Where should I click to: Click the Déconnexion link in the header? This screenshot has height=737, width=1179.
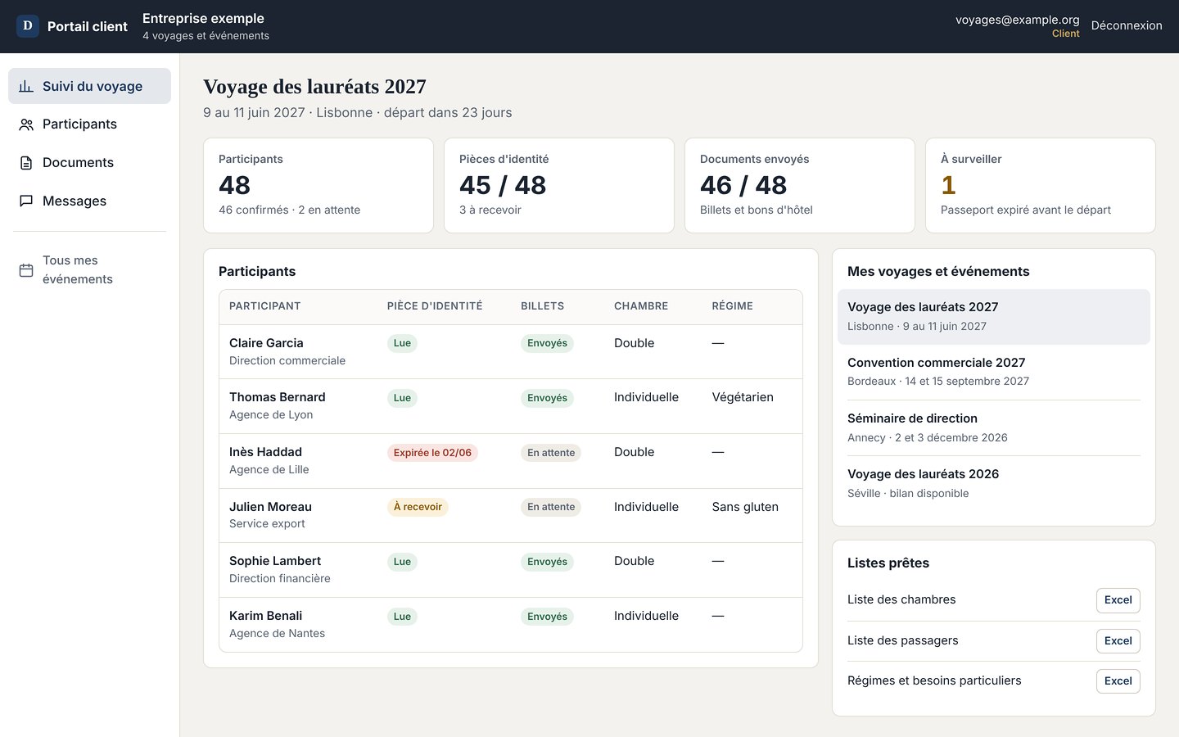[1127, 25]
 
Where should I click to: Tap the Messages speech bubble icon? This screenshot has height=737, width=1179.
[26, 201]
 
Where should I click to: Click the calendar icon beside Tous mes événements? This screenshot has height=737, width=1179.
[26, 270]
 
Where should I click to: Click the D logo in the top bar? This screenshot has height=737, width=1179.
[28, 26]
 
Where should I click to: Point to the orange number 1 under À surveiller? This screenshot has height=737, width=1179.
[948, 185]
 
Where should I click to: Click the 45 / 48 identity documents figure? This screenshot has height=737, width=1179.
[503, 185]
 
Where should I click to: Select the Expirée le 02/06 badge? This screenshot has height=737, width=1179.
[432, 453]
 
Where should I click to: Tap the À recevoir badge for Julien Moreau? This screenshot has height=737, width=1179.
[418, 507]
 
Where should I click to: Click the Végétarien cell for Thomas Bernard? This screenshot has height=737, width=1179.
[743, 397]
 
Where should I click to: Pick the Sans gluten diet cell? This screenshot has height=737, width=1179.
[745, 507]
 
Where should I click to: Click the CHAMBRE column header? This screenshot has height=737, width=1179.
[641, 306]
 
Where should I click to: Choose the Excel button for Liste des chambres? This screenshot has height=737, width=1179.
[1118, 600]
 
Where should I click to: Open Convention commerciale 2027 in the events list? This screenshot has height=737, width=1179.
[936, 363]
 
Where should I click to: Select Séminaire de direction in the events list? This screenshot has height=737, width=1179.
[912, 418]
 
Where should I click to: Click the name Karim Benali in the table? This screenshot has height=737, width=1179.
[265, 616]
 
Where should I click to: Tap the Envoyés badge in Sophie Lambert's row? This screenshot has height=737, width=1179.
[547, 562]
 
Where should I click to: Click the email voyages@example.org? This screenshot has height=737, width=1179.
[1017, 20]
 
